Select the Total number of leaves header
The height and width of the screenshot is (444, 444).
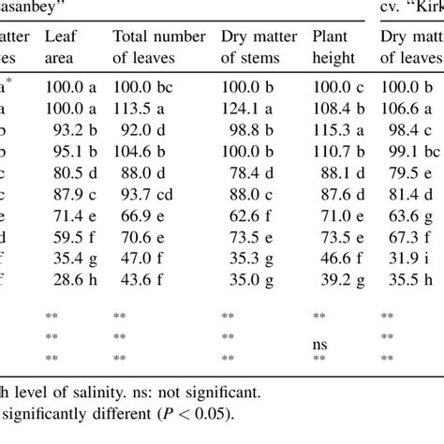coord(158,47)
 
